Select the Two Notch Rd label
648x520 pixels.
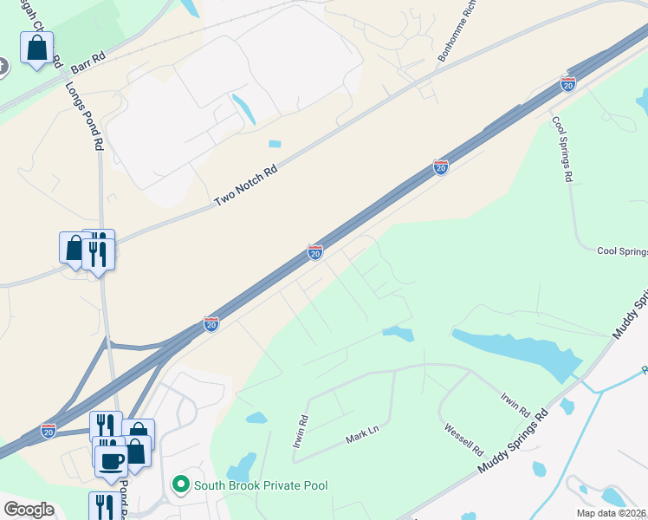pyautogui.click(x=245, y=186)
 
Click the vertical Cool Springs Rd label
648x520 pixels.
pyautogui.click(x=563, y=147)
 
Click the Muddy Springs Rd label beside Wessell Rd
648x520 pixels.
pyautogui.click(x=514, y=440)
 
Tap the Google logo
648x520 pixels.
pyautogui.click(x=28, y=509)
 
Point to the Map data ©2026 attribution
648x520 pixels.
pyautogui.click(x=612, y=513)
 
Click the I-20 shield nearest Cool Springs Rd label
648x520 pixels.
pyautogui.click(x=568, y=83)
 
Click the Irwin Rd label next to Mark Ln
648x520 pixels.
pyautogui.click(x=299, y=432)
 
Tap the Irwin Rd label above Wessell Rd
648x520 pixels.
pyautogui.click(x=514, y=402)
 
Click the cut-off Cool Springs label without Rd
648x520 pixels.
pyautogui.click(x=622, y=251)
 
